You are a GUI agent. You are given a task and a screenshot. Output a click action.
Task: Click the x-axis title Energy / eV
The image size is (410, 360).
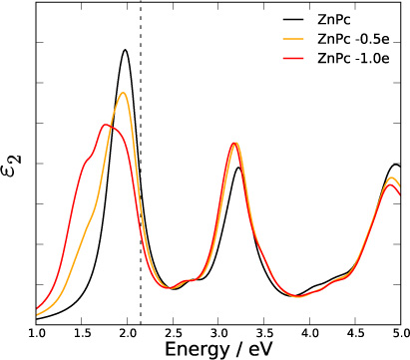(x=217, y=349)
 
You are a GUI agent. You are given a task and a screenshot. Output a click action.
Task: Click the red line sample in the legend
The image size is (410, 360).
(x=288, y=59)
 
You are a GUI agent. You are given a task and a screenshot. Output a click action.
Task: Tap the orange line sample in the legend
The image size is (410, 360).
(x=288, y=39)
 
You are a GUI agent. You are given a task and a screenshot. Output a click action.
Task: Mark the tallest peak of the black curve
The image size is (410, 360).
(x=126, y=50)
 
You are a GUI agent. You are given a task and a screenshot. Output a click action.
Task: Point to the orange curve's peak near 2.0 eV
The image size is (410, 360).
(x=124, y=93)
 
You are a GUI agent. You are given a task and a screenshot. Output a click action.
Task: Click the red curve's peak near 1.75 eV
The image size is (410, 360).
(x=106, y=125)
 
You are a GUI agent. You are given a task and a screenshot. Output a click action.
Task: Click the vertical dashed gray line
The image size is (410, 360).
(x=141, y=199)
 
